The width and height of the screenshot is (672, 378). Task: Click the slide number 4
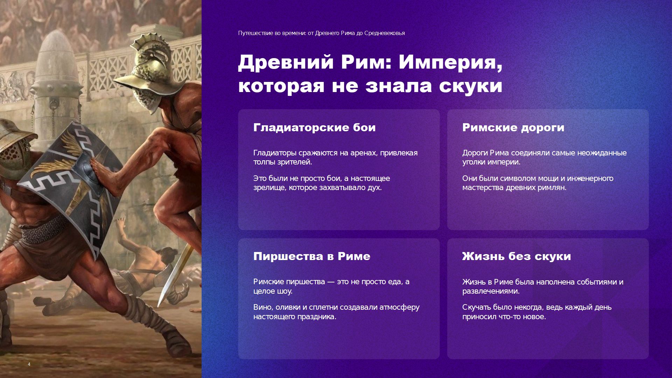[x=29, y=364]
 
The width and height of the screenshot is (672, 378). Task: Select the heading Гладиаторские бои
[x=314, y=127]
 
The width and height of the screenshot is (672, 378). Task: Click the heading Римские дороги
[x=513, y=127]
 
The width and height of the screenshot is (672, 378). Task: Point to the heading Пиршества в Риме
[x=311, y=256]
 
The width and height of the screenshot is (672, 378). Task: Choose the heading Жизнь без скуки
[x=516, y=256]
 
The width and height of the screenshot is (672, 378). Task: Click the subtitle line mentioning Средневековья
[x=321, y=33]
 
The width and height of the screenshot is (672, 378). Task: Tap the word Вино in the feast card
[x=262, y=307]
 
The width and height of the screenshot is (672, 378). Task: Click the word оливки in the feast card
[x=288, y=307]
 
